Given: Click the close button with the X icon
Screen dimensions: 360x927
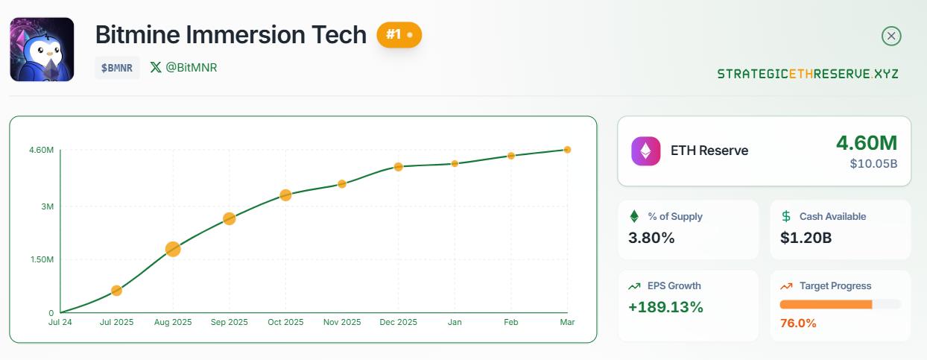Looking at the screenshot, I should pyautogui.click(x=891, y=36).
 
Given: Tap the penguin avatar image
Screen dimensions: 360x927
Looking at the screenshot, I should pyautogui.click(x=42, y=49).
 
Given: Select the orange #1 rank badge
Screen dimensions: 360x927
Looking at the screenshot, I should pyautogui.click(x=399, y=35).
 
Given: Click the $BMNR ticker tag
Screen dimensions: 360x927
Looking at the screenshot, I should pyautogui.click(x=117, y=68).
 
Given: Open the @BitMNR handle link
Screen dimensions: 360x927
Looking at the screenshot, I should pyautogui.click(x=184, y=67).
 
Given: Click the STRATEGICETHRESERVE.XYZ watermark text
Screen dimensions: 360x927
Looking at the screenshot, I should pyautogui.click(x=808, y=74).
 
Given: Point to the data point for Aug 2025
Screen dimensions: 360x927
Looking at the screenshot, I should pyautogui.click(x=173, y=249).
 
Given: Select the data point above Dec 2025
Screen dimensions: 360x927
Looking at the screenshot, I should pyautogui.click(x=399, y=167).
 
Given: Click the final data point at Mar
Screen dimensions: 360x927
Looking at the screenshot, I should pyautogui.click(x=567, y=150).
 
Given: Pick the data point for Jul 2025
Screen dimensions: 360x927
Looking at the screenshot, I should pyautogui.click(x=116, y=291).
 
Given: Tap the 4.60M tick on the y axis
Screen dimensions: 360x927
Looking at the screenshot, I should pyautogui.click(x=41, y=151).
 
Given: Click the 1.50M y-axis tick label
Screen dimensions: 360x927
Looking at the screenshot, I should pyautogui.click(x=41, y=259).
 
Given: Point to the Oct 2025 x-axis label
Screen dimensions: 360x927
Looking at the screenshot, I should pyautogui.click(x=285, y=322).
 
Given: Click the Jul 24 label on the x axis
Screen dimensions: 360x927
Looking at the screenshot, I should pyautogui.click(x=60, y=322).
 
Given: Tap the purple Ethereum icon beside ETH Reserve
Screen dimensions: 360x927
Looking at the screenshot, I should pyautogui.click(x=645, y=151).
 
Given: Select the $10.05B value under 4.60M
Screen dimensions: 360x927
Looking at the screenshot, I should pyautogui.click(x=873, y=164).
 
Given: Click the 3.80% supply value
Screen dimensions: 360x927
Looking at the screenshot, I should pyautogui.click(x=652, y=239).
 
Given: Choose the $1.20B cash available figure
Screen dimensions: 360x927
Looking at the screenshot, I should pyautogui.click(x=806, y=239).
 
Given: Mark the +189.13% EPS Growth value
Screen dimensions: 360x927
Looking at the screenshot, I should pyautogui.click(x=665, y=307).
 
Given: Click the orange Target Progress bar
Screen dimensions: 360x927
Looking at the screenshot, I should pyautogui.click(x=826, y=304).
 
